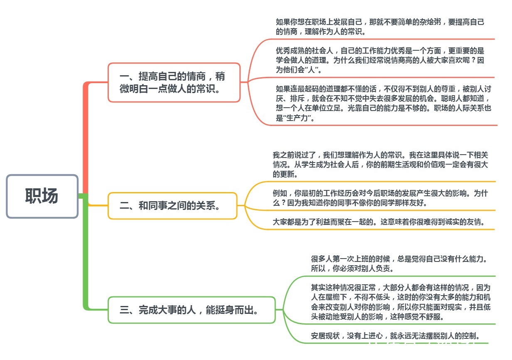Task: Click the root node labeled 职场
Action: tap(42, 196)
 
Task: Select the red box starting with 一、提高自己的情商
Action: tap(174, 82)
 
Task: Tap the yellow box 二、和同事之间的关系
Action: tap(172, 206)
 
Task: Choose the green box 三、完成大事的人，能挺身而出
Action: tap(192, 310)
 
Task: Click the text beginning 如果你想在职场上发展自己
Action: tap(380, 27)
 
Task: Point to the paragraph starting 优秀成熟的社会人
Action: tap(380, 60)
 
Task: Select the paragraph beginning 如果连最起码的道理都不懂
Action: tap(383, 103)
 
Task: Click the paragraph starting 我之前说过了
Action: tap(380, 165)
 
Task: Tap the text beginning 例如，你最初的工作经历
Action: tap(380, 198)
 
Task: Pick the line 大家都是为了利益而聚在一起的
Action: tap(379, 222)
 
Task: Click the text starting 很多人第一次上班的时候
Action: tap(399, 264)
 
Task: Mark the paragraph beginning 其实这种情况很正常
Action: tap(401, 302)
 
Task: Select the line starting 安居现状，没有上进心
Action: tap(395, 336)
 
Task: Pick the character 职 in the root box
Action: tap(33, 196)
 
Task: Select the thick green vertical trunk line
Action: tap(86, 252)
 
